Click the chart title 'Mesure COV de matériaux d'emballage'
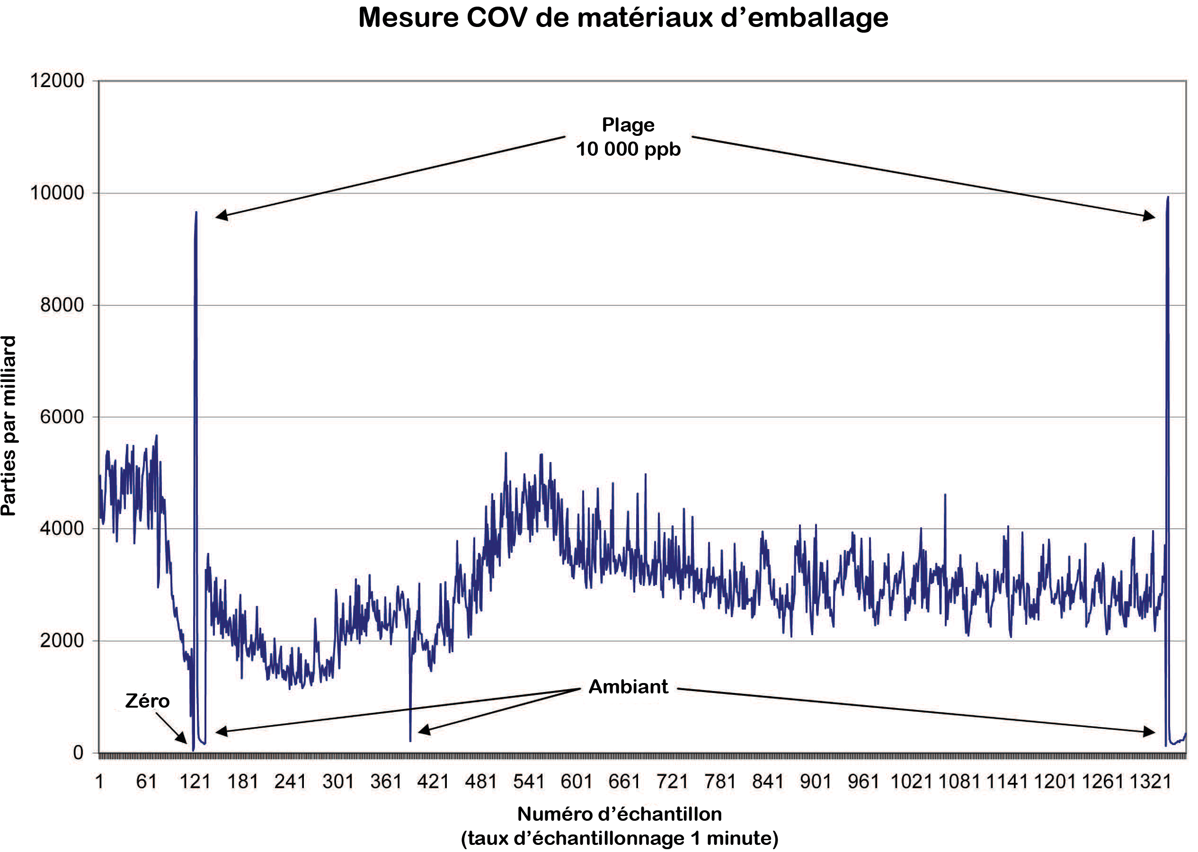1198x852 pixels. point(622,18)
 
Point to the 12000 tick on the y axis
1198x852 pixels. point(57,81)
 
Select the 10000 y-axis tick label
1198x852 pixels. point(57,193)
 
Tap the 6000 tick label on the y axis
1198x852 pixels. point(62,417)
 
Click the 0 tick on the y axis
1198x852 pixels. point(78,753)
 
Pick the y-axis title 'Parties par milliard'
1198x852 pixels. point(9,426)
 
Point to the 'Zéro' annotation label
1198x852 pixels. point(147,701)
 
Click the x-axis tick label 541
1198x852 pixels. point(528,781)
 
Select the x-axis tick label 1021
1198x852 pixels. point(911,781)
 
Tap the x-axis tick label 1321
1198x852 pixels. point(1150,781)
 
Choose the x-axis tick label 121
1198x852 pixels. point(195,781)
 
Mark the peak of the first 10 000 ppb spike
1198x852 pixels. point(196,212)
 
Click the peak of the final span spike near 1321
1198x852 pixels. point(1168,197)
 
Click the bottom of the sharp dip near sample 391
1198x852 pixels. point(410,741)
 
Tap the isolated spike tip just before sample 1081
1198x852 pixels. point(945,494)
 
